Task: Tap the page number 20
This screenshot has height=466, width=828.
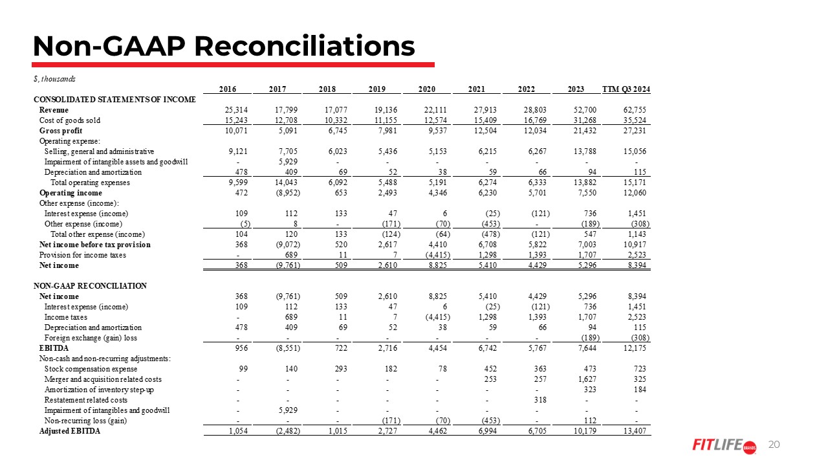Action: tap(774, 445)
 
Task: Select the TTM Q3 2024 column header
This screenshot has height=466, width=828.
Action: tap(626, 89)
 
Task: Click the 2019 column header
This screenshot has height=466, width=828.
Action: tap(376, 89)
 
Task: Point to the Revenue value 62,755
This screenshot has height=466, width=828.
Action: tap(634, 109)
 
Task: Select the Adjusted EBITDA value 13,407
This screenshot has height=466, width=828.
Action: tap(634, 431)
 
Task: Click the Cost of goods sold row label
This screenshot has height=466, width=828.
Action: tap(69, 120)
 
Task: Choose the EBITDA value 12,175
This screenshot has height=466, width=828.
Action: tap(634, 348)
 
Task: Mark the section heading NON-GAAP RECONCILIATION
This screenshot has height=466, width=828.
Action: tap(90, 285)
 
